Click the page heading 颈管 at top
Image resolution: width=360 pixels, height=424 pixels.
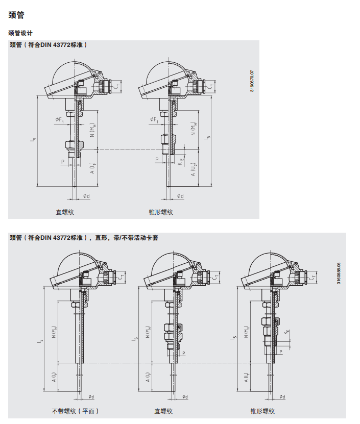pos(16,15)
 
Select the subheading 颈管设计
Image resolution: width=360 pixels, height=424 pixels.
pos(20,33)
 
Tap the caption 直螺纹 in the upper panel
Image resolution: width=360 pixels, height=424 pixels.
pos(65,212)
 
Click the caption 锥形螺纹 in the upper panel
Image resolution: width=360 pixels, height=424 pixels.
pos(161,212)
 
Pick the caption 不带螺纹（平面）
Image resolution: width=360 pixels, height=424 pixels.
pos(76,411)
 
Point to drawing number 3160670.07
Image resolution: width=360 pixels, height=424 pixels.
pos(252,82)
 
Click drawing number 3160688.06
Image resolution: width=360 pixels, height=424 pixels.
pos(339,273)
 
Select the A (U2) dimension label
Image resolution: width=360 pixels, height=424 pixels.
pos(194,169)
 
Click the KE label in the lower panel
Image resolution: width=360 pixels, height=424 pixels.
pos(287,332)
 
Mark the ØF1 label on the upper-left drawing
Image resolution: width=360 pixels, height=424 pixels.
pos(60,120)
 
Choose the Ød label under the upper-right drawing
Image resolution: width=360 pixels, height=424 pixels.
pos(180,196)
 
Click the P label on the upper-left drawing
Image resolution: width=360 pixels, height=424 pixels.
pos(63,162)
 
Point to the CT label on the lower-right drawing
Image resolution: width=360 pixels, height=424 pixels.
pos(313,277)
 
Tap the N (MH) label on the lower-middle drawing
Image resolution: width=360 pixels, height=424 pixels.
pos(148,332)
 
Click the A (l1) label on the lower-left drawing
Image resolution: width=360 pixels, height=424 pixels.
pos(55,377)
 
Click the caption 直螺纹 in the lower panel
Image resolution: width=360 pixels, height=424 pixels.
pos(163,411)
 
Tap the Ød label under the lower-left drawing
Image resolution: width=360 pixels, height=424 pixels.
pos(91,396)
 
